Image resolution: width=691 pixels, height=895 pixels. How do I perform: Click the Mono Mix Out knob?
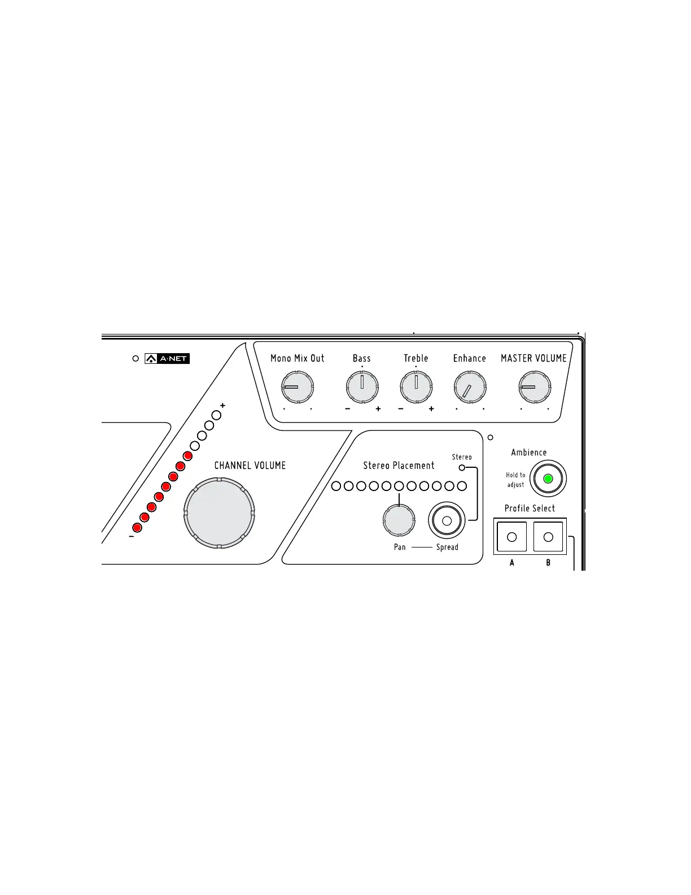point(298,387)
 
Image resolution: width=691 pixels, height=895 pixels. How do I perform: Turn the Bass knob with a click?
point(362,387)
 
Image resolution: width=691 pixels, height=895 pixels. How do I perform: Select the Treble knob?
point(416,387)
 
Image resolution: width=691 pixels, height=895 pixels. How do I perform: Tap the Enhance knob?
point(470,387)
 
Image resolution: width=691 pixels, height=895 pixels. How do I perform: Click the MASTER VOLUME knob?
point(535,387)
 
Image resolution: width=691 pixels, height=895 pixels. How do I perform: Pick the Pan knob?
point(399,520)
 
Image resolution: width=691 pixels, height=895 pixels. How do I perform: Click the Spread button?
point(447,520)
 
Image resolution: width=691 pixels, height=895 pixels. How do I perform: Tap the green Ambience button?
point(548,479)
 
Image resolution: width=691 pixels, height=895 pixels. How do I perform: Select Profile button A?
point(512,537)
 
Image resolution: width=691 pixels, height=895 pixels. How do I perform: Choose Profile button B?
point(548,537)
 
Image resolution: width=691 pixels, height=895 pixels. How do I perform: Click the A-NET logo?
point(167,358)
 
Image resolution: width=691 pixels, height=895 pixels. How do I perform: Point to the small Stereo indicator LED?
point(462,467)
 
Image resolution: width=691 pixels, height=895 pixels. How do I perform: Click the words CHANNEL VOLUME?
point(250,466)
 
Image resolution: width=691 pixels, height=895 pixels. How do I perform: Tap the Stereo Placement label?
point(399,466)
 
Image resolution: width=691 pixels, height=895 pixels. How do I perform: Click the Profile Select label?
point(530,509)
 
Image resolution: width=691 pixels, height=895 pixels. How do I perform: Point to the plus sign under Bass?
point(378,409)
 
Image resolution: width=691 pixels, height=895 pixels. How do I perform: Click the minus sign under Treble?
point(401,409)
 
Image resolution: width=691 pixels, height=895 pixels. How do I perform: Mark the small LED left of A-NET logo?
point(135,358)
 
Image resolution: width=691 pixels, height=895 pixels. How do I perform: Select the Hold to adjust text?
point(515,480)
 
